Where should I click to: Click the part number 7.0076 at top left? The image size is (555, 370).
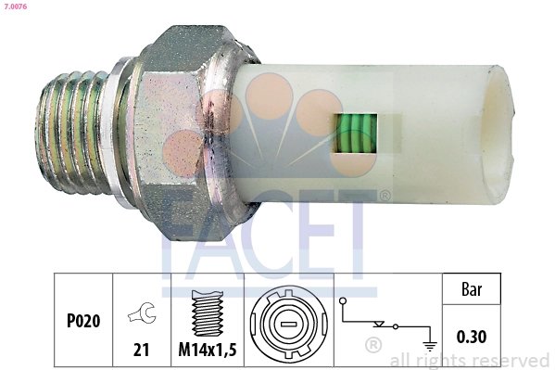click(x=16, y=7)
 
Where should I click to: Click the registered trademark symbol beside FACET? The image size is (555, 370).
click(x=385, y=195)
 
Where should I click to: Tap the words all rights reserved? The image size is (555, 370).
click(x=472, y=360)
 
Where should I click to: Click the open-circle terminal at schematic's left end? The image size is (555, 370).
click(x=344, y=301)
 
